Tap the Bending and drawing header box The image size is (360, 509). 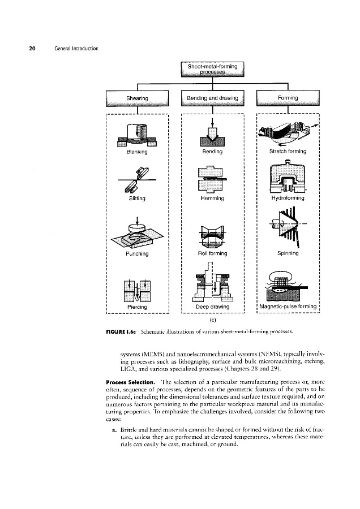click(212, 98)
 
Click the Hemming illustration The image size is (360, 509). click(212, 179)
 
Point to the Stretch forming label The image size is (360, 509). click(288, 152)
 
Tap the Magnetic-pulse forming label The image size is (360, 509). click(288, 307)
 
